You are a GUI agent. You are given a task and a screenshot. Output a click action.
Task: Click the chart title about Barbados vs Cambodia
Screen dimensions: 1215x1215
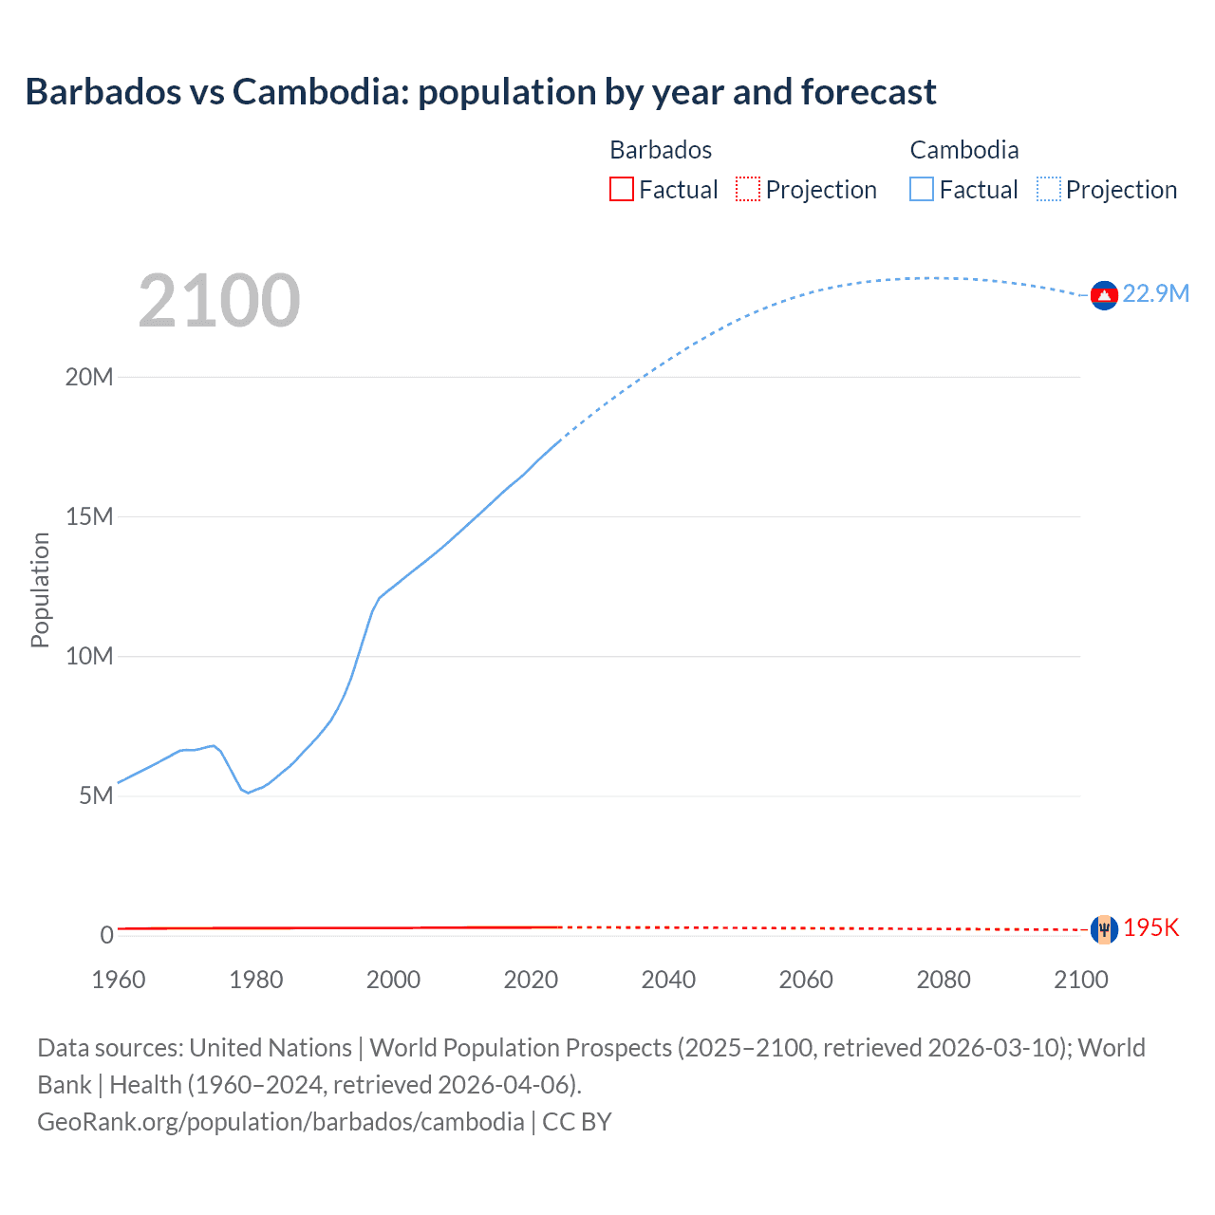click(x=480, y=92)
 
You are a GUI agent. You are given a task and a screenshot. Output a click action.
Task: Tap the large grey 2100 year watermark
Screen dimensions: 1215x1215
click(x=219, y=301)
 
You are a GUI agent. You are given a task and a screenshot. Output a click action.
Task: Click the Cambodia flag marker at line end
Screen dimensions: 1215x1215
click(x=1103, y=296)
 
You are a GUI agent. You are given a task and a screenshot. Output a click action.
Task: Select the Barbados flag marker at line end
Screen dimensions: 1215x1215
click(x=1103, y=929)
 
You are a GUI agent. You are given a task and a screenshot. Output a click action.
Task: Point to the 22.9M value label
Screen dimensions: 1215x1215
click(x=1155, y=293)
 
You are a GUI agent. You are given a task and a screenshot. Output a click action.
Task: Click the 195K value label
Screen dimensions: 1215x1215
click(x=1150, y=927)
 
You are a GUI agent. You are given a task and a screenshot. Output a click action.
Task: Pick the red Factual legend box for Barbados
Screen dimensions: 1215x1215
click(x=621, y=189)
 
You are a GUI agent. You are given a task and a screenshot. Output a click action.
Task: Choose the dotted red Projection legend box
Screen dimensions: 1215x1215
click(x=748, y=189)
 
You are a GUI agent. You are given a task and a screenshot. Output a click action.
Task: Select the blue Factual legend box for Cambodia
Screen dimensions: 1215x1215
click(x=921, y=189)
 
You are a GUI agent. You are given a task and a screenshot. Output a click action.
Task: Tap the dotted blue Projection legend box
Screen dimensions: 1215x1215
click(x=1048, y=189)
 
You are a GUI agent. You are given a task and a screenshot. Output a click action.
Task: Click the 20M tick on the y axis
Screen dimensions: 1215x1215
click(x=89, y=377)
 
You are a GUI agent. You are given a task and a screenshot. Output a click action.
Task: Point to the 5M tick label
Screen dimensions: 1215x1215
click(x=96, y=795)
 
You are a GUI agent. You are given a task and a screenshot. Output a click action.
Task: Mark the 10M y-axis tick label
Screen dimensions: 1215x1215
click(x=89, y=656)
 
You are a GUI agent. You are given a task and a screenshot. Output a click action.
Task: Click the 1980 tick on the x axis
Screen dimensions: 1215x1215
click(x=255, y=980)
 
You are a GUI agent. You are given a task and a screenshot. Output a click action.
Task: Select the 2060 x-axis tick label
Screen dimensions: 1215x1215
click(x=806, y=980)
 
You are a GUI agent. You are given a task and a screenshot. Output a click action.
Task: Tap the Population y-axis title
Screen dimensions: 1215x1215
click(x=40, y=589)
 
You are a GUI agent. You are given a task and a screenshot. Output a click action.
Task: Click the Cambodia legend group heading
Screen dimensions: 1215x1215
click(x=963, y=150)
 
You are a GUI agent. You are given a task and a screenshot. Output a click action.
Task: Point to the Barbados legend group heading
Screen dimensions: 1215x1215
click(x=661, y=150)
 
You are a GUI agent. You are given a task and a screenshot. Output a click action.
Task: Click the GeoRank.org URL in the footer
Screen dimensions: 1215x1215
click(x=281, y=1121)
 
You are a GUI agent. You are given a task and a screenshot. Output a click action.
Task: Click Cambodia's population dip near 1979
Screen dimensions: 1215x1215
click(x=248, y=793)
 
